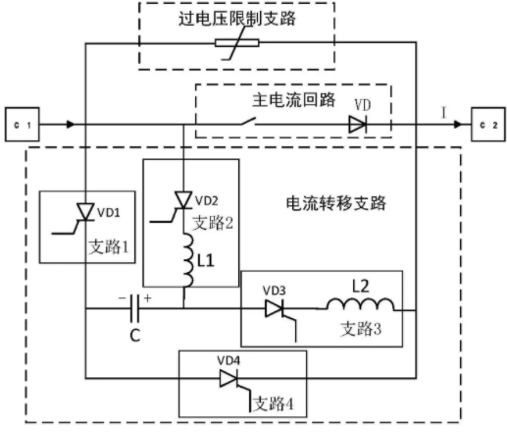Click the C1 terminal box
tap(22, 125)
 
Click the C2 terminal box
tap(488, 125)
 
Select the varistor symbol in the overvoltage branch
tap(237, 43)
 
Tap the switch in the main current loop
tap(248, 122)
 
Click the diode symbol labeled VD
tap(357, 125)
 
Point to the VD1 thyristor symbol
tap(85, 212)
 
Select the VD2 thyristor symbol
tap(183, 200)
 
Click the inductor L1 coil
tap(187, 260)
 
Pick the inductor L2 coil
tap(360, 304)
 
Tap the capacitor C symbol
tap(134, 308)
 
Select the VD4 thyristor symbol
tap(228, 379)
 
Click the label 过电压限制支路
tap(237, 18)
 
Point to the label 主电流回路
tap(293, 99)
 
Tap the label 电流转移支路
tap(336, 203)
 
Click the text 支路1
tap(109, 246)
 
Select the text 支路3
tap(361, 328)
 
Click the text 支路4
tap(274, 404)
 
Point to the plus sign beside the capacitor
tap(147, 297)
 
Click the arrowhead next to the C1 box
tap(71, 125)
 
